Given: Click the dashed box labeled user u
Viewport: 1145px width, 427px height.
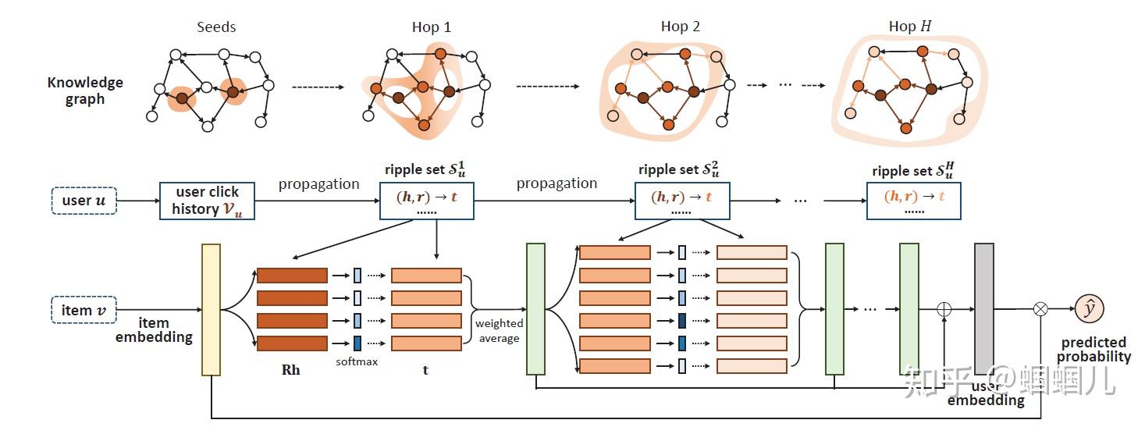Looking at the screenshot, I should click(84, 201).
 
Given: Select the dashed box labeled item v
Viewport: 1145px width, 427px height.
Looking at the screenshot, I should click(84, 310).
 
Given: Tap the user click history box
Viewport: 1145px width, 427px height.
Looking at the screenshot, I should click(207, 201).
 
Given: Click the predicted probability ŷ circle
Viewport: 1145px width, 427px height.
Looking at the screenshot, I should click(1089, 309).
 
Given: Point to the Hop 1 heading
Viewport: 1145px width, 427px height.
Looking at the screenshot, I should click(432, 27).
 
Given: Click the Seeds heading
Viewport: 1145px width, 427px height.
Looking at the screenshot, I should click(216, 27).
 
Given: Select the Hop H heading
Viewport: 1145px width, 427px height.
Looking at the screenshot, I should click(909, 27).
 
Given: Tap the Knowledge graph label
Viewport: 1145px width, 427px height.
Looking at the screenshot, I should click(85, 91).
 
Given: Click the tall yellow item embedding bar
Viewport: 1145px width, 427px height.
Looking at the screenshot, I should click(211, 311).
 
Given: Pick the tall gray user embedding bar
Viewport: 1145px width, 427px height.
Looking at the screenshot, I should click(983, 308).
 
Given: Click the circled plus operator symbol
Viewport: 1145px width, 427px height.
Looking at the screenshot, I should click(944, 309).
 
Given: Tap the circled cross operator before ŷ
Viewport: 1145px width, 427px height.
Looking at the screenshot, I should click(1040, 309).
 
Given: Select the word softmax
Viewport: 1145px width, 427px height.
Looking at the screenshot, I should click(357, 361).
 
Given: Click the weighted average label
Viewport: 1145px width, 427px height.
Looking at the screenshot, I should click(499, 331).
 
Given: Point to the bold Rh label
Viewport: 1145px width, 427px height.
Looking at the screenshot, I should click(290, 370).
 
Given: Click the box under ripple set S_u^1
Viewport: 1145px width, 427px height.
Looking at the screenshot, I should click(426, 201).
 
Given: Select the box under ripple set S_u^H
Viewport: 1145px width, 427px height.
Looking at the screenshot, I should click(913, 201).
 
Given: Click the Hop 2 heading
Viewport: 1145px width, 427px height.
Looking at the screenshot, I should click(681, 27).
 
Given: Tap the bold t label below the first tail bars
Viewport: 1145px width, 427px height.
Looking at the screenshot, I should click(425, 370).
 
